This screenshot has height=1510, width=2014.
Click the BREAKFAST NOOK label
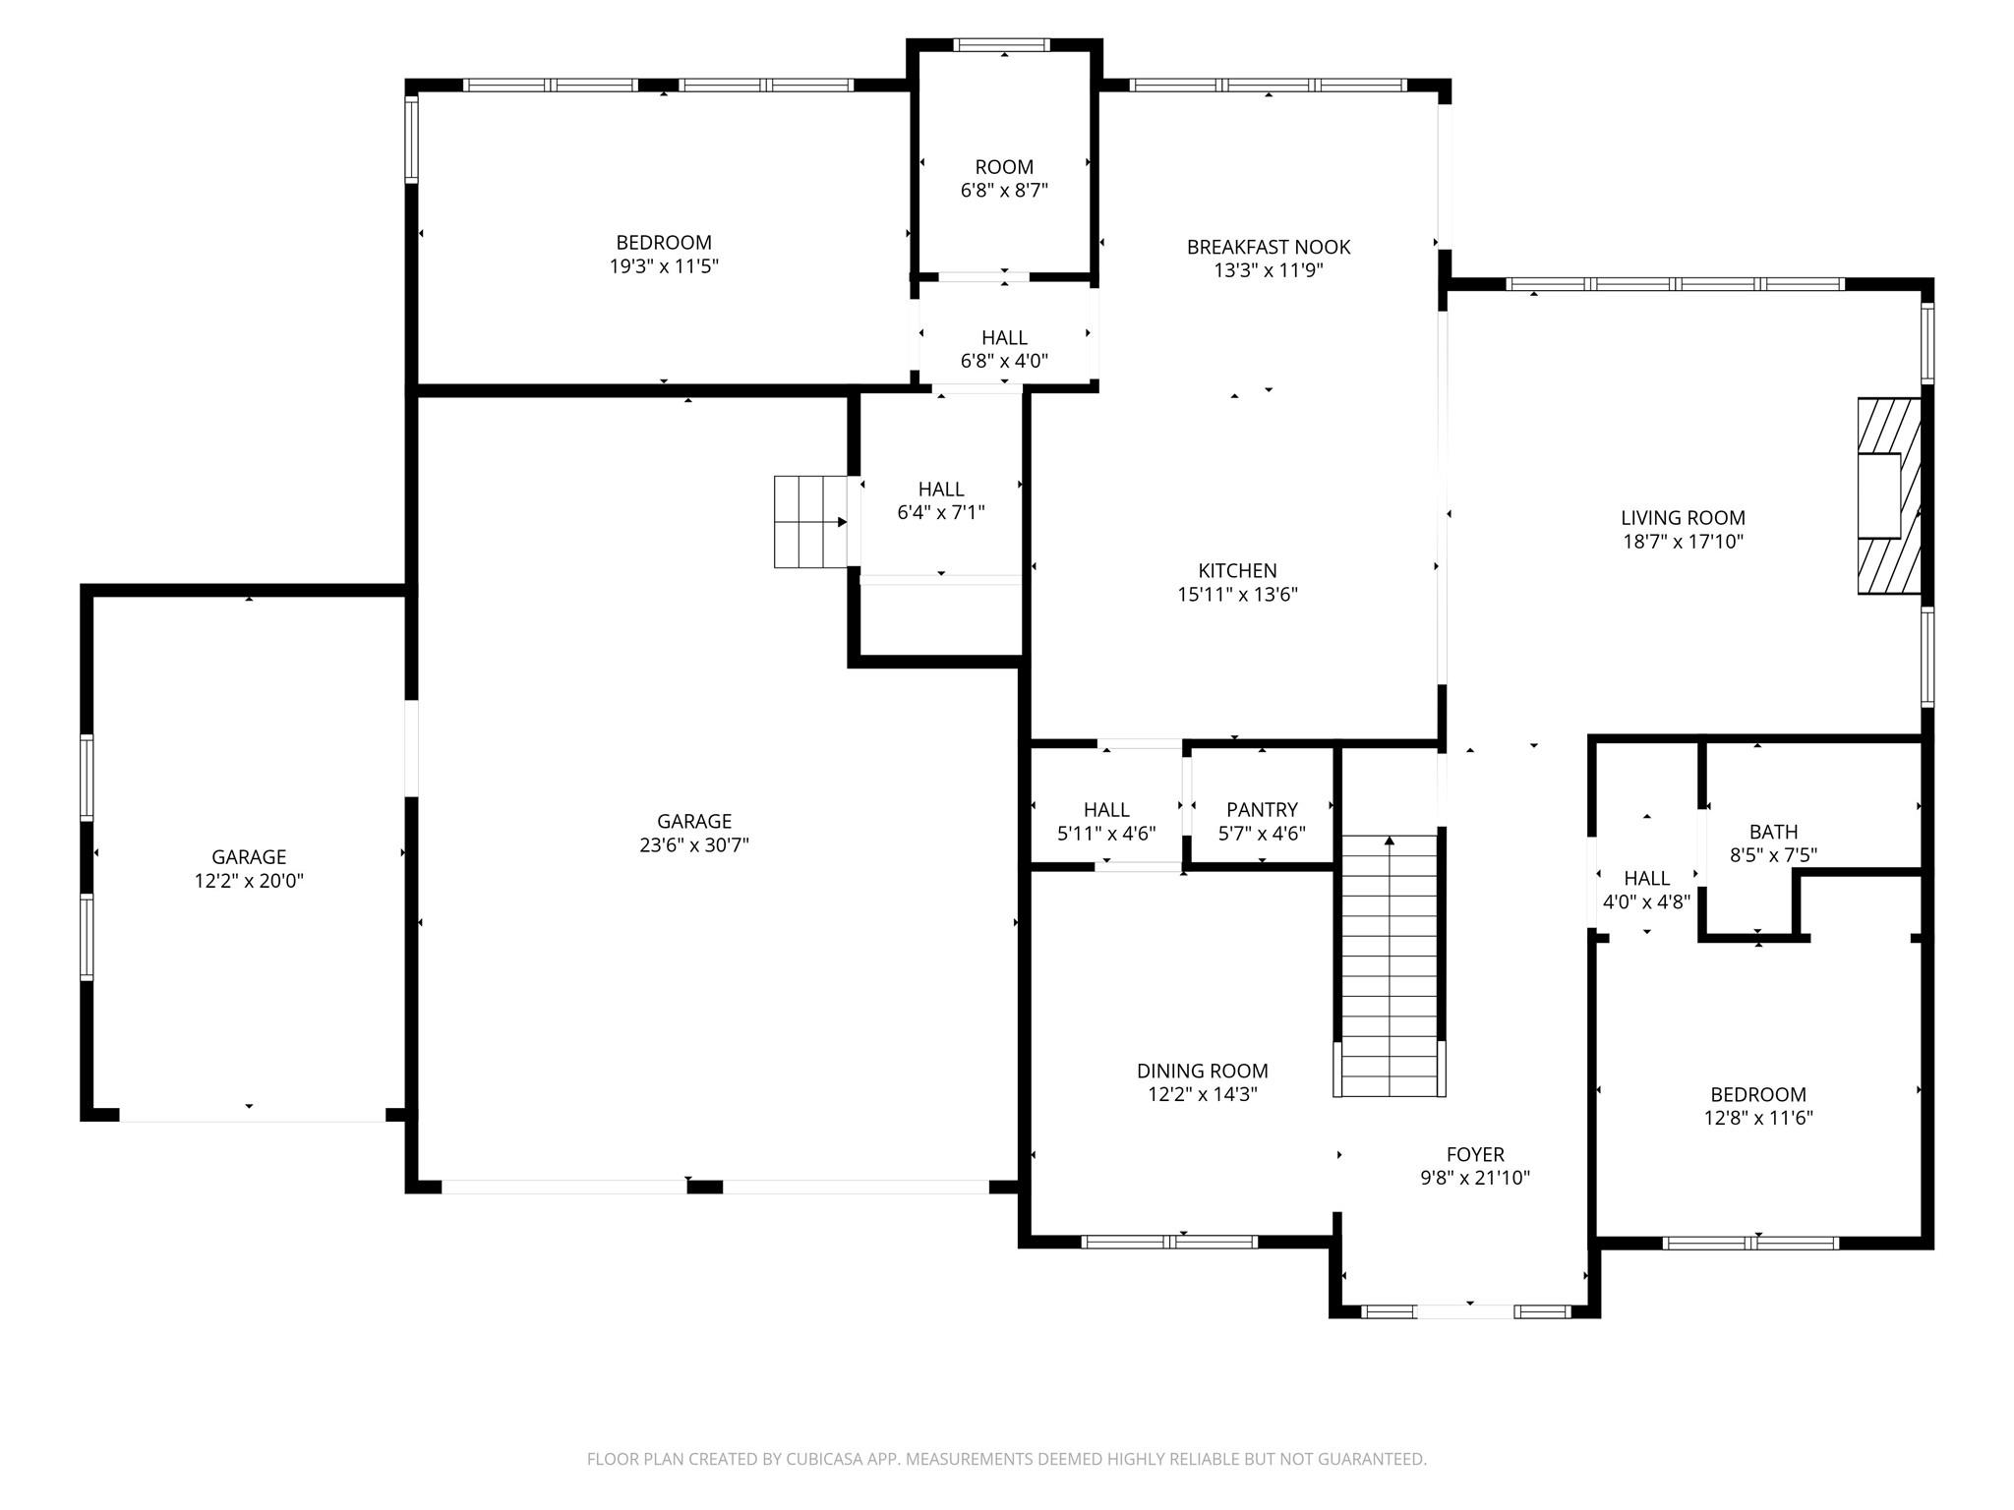coord(1268,247)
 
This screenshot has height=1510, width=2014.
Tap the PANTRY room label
coord(1262,809)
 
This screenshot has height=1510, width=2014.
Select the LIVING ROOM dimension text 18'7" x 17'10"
coord(1683,541)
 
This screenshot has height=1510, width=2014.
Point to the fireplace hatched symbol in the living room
coord(1889,495)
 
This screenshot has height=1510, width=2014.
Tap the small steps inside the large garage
coord(811,521)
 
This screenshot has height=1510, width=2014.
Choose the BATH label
coord(1773,832)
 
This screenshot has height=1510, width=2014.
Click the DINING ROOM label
coord(1202,1071)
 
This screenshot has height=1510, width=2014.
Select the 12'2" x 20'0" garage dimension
coord(249,881)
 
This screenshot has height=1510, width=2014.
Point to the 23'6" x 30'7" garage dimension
coord(694,845)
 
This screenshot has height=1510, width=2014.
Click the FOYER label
coord(1475,1154)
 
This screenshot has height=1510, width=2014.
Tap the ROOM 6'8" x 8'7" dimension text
coord(1004,191)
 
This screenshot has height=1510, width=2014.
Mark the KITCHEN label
coord(1237,570)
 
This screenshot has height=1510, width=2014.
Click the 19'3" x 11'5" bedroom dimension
coord(664,266)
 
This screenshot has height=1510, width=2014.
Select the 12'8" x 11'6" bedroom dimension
coord(1758,1118)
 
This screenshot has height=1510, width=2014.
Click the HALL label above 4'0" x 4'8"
coord(1646,878)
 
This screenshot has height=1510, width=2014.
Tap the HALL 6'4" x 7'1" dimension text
coord(941,512)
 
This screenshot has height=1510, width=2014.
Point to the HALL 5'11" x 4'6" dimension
coord(1106,834)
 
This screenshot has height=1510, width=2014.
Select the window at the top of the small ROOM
coord(1002,44)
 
